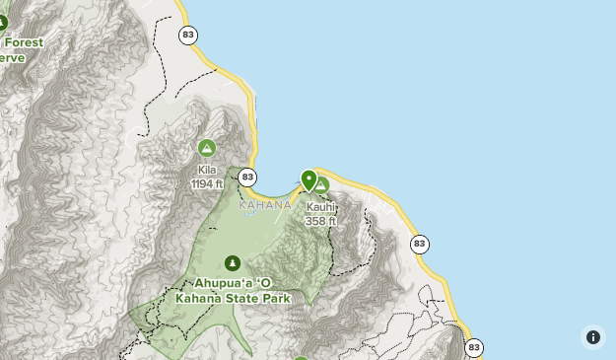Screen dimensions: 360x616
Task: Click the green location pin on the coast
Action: coord(309,180)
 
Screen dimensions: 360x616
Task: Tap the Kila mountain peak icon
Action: coord(207,149)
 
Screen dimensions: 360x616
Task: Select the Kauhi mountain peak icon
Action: coord(321,185)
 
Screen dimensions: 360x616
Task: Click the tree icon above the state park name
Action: coord(233,262)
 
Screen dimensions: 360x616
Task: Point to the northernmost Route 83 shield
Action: coord(188,36)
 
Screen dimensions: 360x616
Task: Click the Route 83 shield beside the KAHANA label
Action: coord(247,178)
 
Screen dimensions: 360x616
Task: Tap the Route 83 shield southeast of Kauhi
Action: coord(420,244)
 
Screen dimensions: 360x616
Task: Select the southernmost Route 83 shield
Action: coord(474,347)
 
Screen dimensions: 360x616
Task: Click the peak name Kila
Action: coord(207,170)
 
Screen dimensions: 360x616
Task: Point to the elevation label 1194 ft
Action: coord(207,183)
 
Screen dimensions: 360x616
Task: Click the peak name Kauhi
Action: coord(320,207)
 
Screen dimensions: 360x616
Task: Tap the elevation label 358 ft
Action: coord(320,221)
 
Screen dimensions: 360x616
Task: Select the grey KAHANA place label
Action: coord(265,205)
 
